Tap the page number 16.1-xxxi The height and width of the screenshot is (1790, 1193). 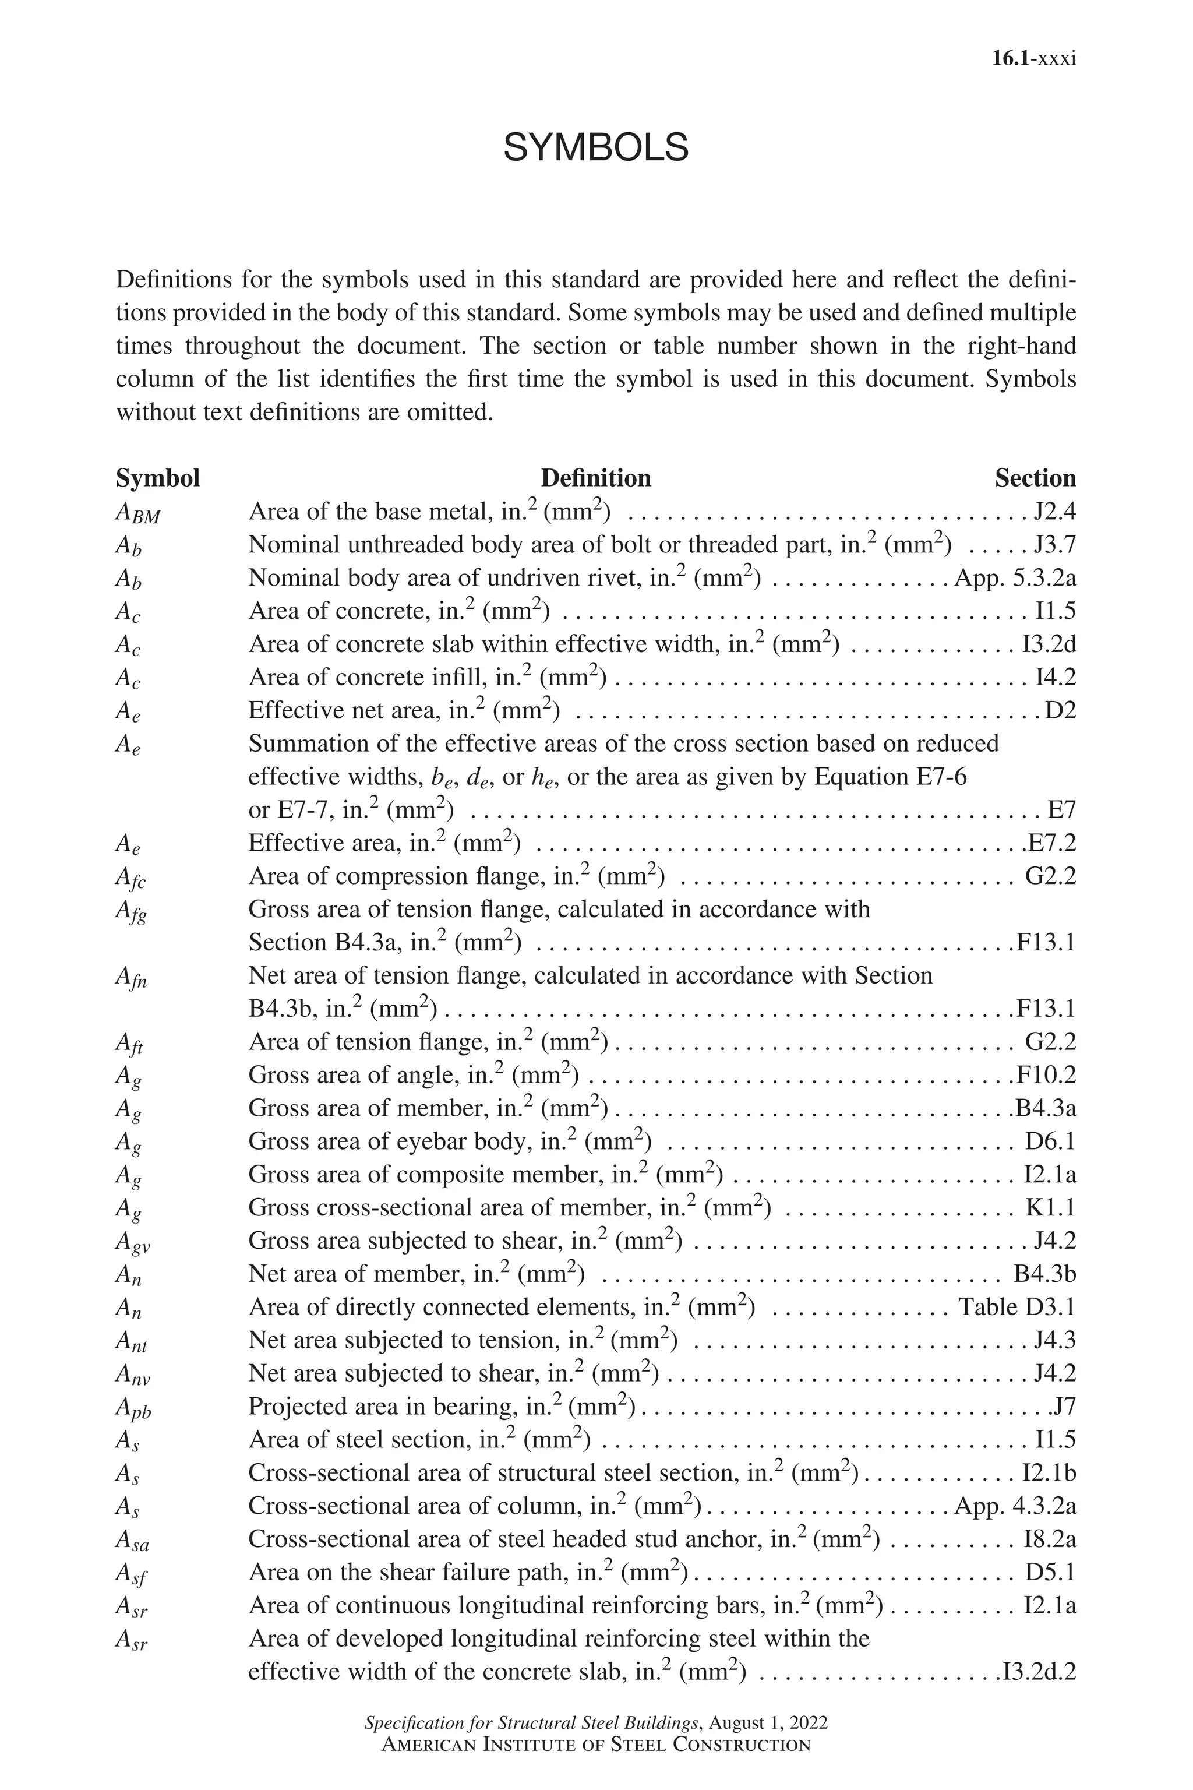coord(1033,59)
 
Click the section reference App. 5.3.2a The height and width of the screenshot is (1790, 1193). coord(1015,579)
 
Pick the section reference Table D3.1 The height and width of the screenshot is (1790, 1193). coord(1016,1307)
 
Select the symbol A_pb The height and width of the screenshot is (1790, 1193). coord(133,1410)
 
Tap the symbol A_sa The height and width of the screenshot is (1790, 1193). coord(132,1541)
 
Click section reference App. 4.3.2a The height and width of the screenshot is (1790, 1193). coord(1015,1506)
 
